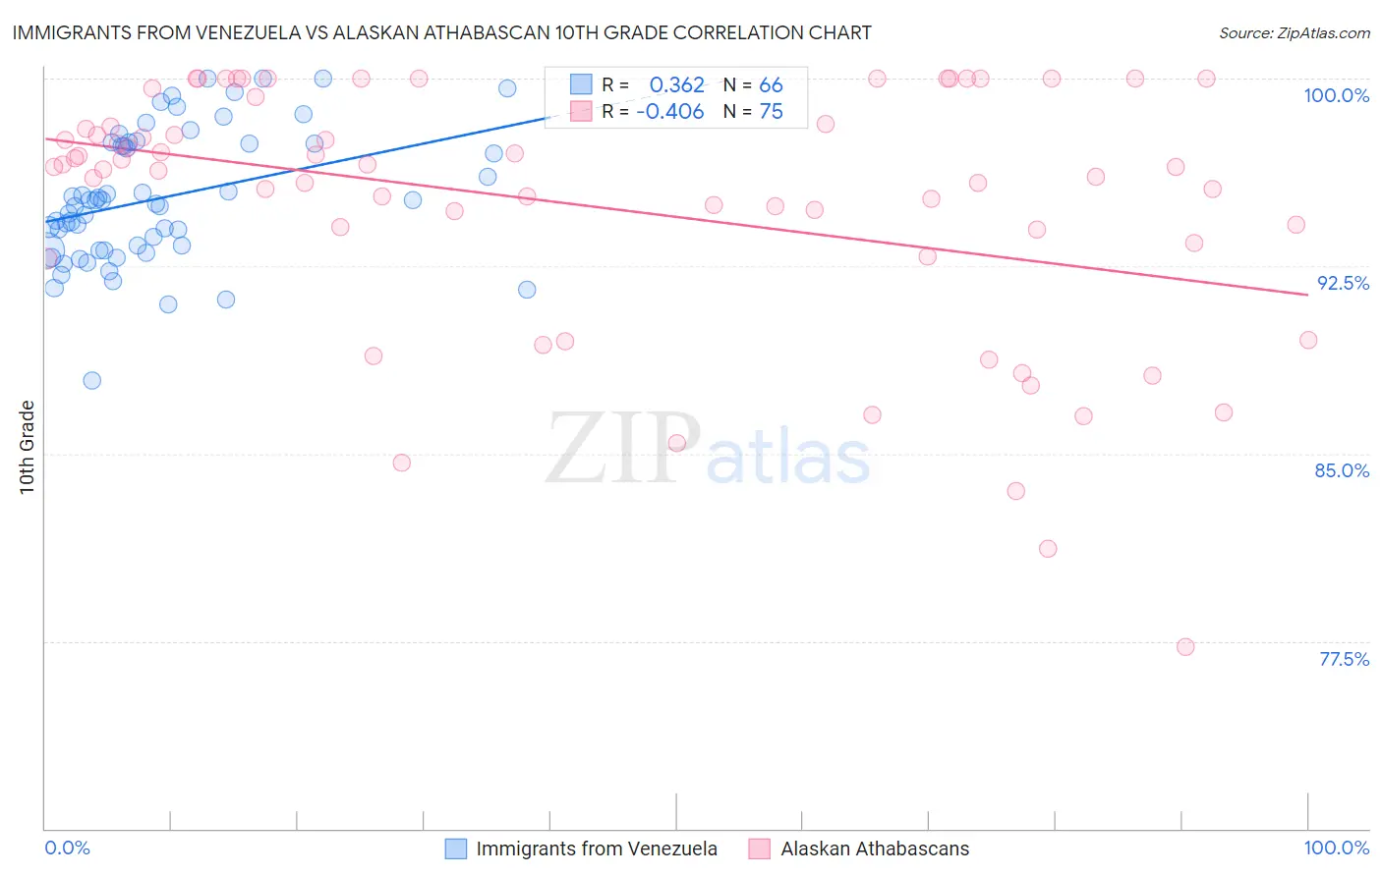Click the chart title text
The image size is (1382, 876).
click(x=441, y=32)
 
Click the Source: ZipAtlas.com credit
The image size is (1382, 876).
click(x=1294, y=32)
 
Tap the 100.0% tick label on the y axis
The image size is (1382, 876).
click(x=1336, y=95)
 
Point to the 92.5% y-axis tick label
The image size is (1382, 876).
click(x=1343, y=283)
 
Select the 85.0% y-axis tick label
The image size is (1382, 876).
click(x=1342, y=470)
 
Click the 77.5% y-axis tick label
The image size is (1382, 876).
click(x=1344, y=659)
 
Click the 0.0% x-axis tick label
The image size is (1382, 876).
click(x=67, y=848)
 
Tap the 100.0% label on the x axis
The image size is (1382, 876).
click(x=1336, y=848)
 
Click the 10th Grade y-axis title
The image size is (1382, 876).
click(x=28, y=447)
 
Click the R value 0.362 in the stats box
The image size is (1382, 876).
click(x=676, y=84)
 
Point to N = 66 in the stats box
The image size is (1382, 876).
click(x=753, y=84)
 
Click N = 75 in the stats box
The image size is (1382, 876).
click(x=753, y=112)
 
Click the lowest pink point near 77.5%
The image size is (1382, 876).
click(x=1185, y=647)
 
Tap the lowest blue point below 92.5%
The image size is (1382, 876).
click(x=92, y=380)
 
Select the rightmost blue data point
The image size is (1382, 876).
click(x=527, y=290)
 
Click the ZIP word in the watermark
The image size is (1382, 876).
click(x=622, y=450)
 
